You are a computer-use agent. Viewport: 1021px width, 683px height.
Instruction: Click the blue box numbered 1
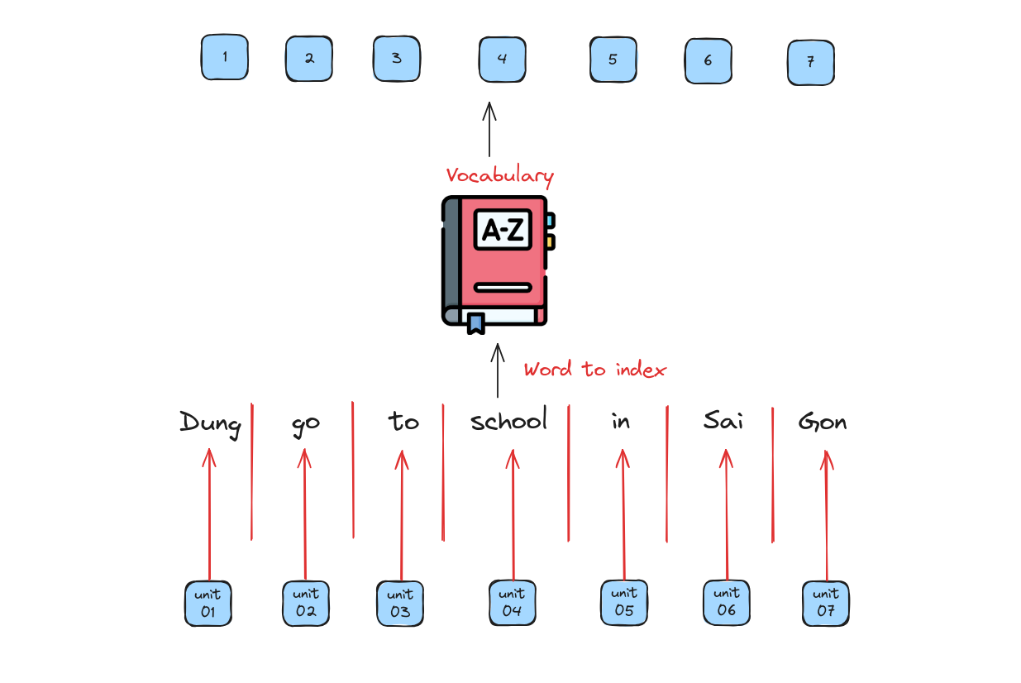coord(225,57)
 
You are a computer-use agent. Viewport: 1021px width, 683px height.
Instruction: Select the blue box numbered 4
coord(503,60)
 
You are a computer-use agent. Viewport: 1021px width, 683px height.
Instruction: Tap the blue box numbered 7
coord(811,63)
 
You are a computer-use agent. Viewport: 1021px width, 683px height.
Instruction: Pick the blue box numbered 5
coord(613,60)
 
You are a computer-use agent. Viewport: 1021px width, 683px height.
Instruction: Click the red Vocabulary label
coord(500,176)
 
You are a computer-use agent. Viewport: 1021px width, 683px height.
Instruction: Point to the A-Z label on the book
coord(503,229)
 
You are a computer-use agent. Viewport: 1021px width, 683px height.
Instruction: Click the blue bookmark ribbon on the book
coord(476,323)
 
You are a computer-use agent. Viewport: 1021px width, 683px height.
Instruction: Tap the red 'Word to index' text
coord(594,369)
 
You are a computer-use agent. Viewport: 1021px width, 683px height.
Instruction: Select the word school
coord(508,419)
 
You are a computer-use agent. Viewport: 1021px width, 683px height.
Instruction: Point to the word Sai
coord(723,420)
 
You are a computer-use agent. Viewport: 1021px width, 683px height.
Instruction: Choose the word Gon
coord(823,421)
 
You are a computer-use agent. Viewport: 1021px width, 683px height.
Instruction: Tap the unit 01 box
coord(208,604)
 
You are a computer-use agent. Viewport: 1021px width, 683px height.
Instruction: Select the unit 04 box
coord(513,602)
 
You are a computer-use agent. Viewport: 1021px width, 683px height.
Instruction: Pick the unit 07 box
coord(825,604)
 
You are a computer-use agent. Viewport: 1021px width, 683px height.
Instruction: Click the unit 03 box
coord(400,604)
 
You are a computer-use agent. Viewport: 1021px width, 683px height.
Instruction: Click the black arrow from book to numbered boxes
coord(489,129)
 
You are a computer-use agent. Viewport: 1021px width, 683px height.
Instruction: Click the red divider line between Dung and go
coord(252,471)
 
